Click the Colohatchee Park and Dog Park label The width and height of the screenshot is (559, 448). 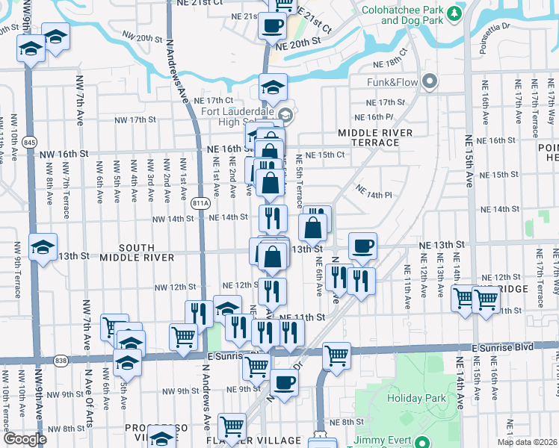pyautogui.click(x=400, y=16)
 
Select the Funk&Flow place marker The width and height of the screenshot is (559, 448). pyautogui.click(x=429, y=81)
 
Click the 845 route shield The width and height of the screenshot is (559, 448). pyautogui.click(x=29, y=141)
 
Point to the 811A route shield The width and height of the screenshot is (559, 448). pyautogui.click(x=199, y=202)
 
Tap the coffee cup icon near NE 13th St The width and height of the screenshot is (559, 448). pyautogui.click(x=362, y=246)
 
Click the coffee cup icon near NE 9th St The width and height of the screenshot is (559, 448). pyautogui.click(x=283, y=383)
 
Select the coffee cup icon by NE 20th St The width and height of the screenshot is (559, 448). pyautogui.click(x=272, y=25)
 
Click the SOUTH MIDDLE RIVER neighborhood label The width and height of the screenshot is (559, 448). pyautogui.click(x=147, y=252)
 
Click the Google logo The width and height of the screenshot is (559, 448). pyautogui.click(x=25, y=439)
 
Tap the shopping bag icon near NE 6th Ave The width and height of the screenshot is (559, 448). pyautogui.click(x=313, y=227)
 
